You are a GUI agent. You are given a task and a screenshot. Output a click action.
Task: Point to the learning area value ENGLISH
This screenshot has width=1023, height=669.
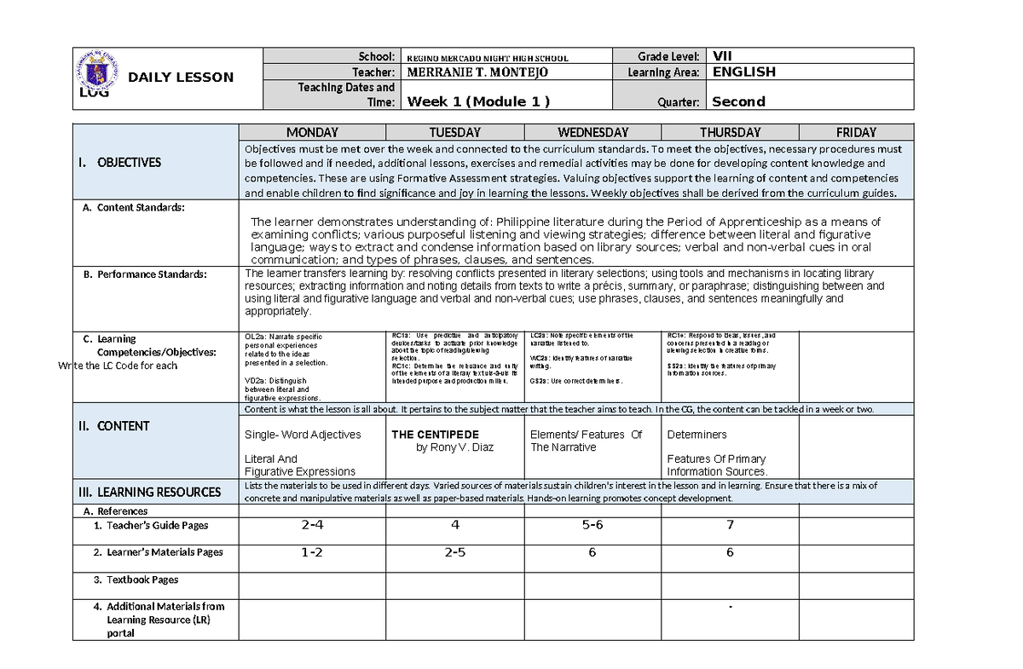(743, 72)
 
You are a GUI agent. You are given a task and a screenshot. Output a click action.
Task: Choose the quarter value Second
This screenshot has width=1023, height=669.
(738, 101)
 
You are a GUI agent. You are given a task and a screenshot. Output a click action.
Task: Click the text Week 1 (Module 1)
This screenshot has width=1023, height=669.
(479, 101)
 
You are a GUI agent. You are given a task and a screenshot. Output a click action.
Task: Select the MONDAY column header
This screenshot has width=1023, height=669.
(312, 132)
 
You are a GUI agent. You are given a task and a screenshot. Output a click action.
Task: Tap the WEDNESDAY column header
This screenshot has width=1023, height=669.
(592, 132)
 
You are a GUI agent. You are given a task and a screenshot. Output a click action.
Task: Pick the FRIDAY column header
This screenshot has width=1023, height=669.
(856, 132)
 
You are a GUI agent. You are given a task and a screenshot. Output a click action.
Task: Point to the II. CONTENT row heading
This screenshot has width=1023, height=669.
(118, 426)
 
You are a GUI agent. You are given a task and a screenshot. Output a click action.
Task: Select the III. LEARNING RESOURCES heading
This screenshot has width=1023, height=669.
(149, 492)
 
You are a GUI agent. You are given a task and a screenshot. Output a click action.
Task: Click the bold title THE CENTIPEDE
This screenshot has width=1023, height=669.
(435, 435)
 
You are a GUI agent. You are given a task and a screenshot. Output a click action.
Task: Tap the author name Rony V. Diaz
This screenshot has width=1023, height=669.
(454, 447)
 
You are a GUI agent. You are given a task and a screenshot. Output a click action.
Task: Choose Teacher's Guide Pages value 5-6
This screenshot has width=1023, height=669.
(592, 525)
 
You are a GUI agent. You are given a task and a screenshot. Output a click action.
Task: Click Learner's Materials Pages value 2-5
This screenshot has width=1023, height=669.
(454, 552)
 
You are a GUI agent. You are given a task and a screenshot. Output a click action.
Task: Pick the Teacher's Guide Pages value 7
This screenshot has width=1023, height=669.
(730, 525)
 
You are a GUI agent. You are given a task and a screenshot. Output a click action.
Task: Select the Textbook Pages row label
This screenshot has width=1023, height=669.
(142, 580)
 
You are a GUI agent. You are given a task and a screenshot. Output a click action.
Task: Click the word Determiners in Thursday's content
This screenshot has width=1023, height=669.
(696, 435)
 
